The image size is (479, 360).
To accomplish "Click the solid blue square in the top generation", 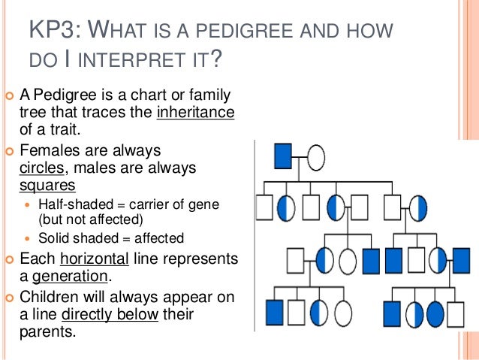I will pos(282,156).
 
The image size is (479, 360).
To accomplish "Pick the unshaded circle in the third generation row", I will pos(347,260).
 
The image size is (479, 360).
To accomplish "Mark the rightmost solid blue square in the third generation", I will pos(461,260).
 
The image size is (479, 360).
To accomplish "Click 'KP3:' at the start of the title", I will pos(51,33).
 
